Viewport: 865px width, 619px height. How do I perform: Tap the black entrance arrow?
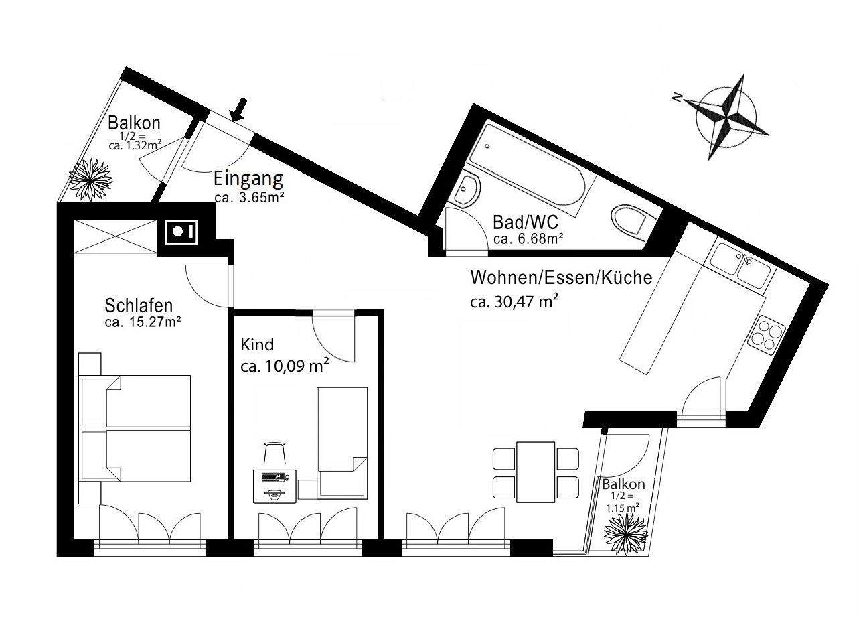click(239, 109)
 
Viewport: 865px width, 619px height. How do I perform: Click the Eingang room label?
click(248, 180)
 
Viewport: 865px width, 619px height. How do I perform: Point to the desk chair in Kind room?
click(274, 454)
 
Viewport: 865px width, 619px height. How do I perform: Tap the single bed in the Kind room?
click(342, 442)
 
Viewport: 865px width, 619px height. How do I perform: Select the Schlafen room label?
click(139, 305)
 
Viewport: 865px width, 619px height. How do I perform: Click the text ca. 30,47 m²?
click(514, 301)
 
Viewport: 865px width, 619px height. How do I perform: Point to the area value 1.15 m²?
click(622, 508)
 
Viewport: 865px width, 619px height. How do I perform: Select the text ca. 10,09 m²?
click(284, 366)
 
